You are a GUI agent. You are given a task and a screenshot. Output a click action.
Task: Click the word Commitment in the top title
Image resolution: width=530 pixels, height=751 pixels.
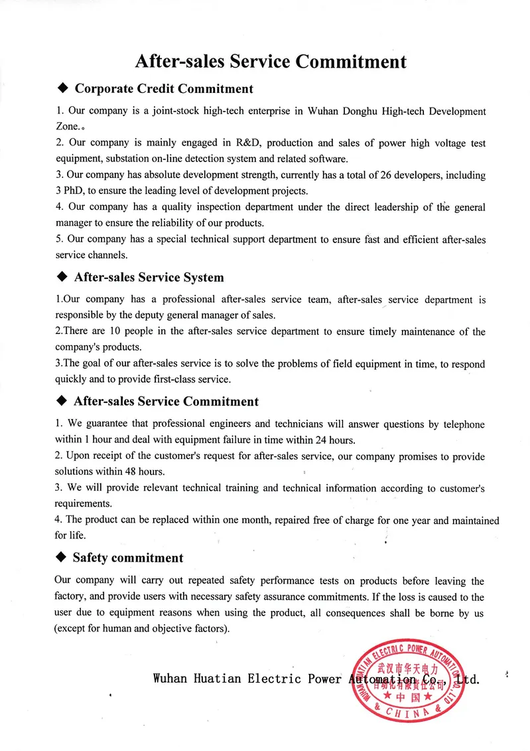(350, 62)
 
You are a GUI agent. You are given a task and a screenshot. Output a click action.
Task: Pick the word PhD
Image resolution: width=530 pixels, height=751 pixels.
(75, 191)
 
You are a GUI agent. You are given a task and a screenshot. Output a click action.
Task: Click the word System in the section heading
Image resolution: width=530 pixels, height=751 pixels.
(201, 278)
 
